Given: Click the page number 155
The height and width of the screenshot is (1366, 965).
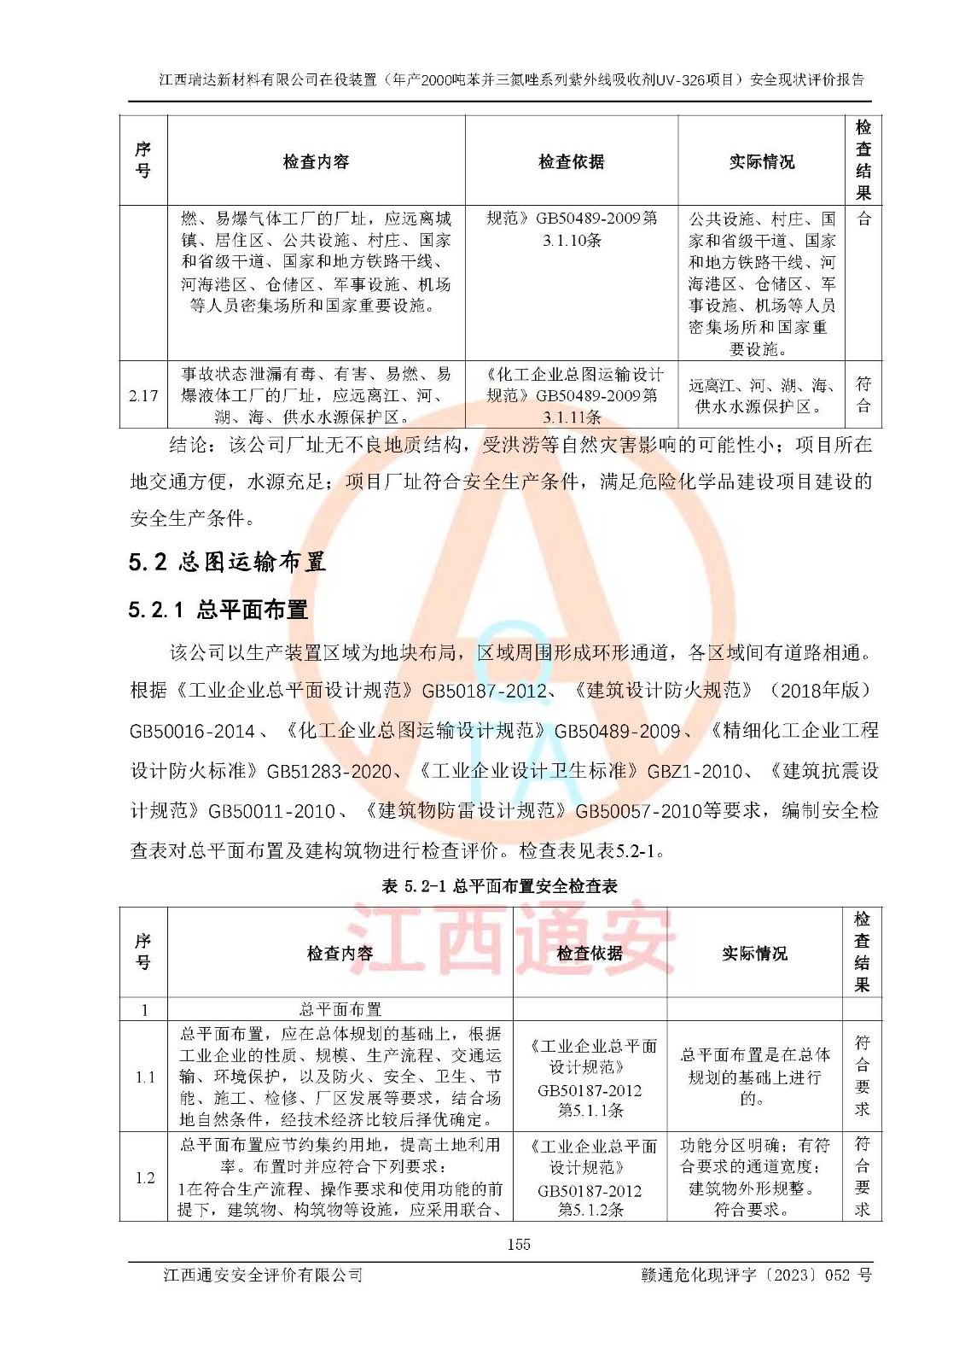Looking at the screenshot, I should (x=518, y=1244).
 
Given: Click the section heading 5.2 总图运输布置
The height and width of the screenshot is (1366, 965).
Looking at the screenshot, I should (x=227, y=562).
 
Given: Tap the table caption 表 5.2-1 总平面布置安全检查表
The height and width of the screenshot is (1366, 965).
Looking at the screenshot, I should (x=499, y=886).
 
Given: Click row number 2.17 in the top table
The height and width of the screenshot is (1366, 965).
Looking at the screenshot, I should (x=143, y=395).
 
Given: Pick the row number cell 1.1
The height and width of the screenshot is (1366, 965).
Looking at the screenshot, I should (x=145, y=1077).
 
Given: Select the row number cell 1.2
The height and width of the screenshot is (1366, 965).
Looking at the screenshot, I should (x=145, y=1177).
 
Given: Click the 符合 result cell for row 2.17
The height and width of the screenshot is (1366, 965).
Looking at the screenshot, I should (x=863, y=394).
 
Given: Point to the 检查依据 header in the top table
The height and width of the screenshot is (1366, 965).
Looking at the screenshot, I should (x=571, y=161).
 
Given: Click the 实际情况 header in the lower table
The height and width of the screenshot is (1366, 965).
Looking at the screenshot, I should (x=754, y=953).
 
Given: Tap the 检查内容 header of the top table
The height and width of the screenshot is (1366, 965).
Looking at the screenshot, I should (x=316, y=161).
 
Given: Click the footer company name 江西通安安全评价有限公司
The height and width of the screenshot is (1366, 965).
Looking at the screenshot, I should (x=263, y=1275).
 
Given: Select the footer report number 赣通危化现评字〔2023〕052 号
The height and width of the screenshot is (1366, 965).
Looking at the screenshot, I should (x=756, y=1275).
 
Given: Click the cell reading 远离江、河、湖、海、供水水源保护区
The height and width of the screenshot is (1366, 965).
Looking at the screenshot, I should (x=761, y=396).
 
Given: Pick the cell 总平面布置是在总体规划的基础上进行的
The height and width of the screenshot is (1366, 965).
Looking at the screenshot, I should (x=754, y=1077).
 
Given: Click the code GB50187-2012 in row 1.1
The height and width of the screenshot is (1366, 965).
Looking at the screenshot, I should (x=590, y=1090).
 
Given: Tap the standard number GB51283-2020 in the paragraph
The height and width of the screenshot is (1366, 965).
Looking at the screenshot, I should (x=329, y=771).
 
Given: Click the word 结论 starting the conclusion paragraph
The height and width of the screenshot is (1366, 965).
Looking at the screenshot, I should (x=189, y=445).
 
